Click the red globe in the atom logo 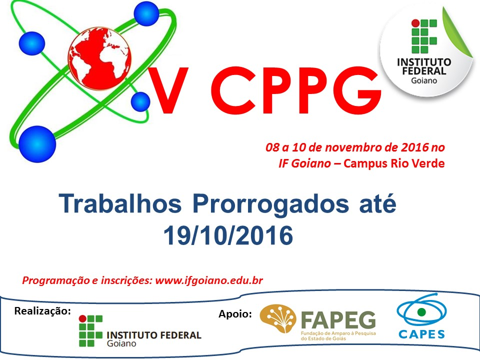(99, 58)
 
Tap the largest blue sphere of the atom (37, 144)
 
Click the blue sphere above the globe (146, 13)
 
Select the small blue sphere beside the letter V (140, 101)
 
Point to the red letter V (168, 90)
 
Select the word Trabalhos (120, 203)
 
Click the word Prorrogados (270, 204)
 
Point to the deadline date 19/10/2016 (228, 235)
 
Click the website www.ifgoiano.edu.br (209, 280)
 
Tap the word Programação (55, 280)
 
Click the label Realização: (42, 311)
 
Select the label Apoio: (235, 314)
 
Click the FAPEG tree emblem (277, 318)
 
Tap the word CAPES (421, 334)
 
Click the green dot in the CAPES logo (421, 312)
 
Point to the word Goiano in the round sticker (424, 80)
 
